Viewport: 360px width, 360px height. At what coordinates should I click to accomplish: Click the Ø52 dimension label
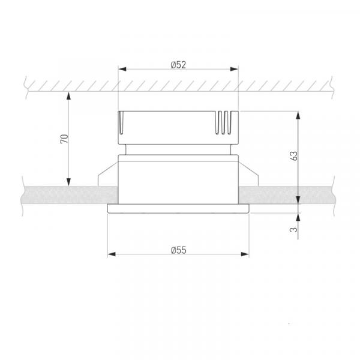(x=178, y=65)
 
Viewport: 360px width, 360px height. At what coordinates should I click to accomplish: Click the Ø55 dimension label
(x=179, y=250)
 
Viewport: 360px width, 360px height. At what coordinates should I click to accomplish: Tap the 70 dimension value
(x=65, y=139)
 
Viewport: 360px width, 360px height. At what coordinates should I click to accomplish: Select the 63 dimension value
(x=294, y=156)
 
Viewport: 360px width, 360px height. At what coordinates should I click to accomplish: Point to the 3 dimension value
(x=293, y=229)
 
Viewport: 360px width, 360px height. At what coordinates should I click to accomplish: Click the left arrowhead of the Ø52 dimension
(x=122, y=69)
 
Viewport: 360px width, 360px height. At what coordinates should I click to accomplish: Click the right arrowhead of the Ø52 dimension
(x=234, y=69)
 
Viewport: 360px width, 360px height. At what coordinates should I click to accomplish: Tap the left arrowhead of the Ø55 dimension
(x=112, y=254)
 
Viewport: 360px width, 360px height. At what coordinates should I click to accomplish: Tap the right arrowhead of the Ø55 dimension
(x=245, y=254)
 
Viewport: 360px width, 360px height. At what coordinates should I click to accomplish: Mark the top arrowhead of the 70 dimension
(x=68, y=96)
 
